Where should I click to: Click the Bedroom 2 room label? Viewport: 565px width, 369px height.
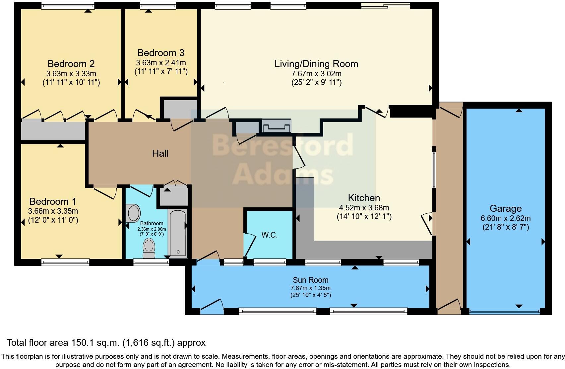click(x=71, y=64)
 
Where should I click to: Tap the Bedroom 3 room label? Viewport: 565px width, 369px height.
click(x=161, y=53)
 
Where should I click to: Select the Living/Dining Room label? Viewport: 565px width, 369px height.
click(x=316, y=64)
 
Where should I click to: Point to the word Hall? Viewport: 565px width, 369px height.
click(x=160, y=153)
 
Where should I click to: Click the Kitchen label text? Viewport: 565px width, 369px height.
click(x=364, y=198)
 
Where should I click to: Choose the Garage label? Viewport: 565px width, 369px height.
click(x=506, y=208)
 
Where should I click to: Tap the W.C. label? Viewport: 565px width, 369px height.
click(x=269, y=235)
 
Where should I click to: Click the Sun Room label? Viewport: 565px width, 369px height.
click(x=310, y=280)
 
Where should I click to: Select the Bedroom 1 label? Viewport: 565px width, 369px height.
click(x=53, y=201)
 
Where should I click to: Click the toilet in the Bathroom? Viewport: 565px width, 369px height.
click(x=149, y=248)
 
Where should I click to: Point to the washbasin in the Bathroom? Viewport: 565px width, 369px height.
click(x=133, y=213)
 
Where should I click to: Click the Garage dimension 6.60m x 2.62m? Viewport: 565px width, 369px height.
click(x=506, y=218)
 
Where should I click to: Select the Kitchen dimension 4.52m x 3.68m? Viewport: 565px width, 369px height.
click(x=364, y=208)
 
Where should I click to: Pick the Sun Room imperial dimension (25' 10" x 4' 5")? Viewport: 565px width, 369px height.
click(x=310, y=295)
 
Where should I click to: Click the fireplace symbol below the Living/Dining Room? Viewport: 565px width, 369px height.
click(x=277, y=126)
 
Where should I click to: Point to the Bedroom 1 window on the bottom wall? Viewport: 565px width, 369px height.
click(x=65, y=262)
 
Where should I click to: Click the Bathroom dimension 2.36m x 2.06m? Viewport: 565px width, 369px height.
click(x=152, y=229)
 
